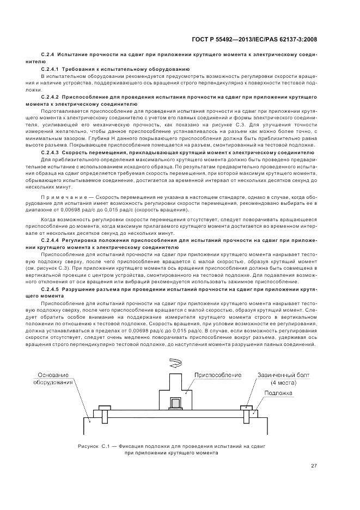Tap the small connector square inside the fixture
tap(176, 404)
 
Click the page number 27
tap(314, 465)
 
